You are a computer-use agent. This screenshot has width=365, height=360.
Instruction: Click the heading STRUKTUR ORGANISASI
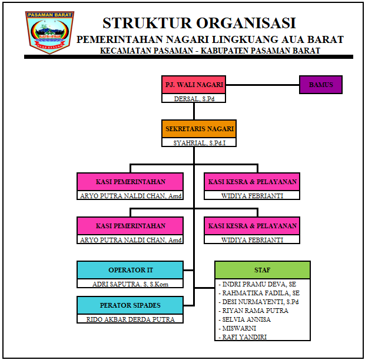pyautogui.click(x=199, y=23)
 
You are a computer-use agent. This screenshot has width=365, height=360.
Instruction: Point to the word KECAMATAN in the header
pyautogui.click(x=125, y=51)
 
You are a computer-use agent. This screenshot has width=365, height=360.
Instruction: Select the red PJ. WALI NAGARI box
pyautogui.click(x=194, y=85)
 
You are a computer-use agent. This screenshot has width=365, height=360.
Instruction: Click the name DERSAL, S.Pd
pyautogui.click(x=194, y=98)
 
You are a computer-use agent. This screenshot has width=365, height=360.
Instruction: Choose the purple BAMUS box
pyautogui.click(x=320, y=85)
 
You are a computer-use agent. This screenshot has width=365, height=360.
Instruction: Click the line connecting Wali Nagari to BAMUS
pyautogui.click(x=263, y=85)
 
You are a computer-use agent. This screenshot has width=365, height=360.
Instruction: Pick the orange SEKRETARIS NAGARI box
pyautogui.click(x=199, y=129)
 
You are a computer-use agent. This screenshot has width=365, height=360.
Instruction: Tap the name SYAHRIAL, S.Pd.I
pyautogui.click(x=199, y=142)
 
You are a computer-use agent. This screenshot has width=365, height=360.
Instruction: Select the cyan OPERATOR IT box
pyautogui.click(x=130, y=270)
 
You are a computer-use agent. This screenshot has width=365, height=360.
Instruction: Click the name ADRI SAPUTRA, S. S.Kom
pyautogui.click(x=130, y=284)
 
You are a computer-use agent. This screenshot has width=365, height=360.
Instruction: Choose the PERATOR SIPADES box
pyautogui.click(x=130, y=305)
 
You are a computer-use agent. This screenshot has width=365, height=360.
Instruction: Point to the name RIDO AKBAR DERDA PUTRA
pyautogui.click(x=130, y=319)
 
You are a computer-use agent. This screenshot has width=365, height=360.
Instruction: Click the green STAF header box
pyautogui.click(x=262, y=270)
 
